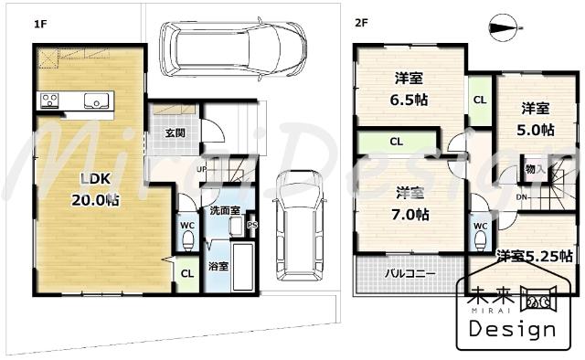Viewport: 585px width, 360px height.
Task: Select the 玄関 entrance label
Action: (x=175, y=132)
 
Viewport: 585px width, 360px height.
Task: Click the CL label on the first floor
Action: (x=186, y=272)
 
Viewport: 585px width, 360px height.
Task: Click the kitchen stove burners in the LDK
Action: (x=48, y=99)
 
